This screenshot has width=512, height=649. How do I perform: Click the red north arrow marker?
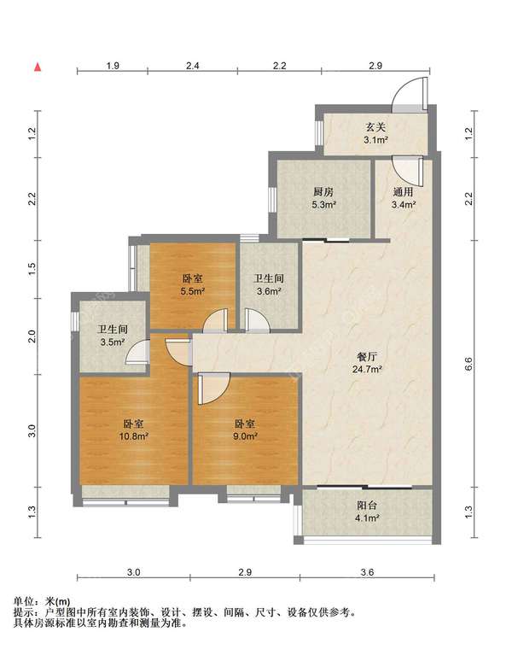(x=38, y=67)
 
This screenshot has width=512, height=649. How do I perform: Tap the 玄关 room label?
(x=375, y=127)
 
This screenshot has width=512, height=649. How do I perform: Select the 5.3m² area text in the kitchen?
(x=323, y=204)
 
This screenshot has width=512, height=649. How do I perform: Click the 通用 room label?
(x=404, y=191)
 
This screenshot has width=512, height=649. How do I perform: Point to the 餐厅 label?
(x=367, y=356)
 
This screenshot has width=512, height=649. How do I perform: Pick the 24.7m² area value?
(x=367, y=369)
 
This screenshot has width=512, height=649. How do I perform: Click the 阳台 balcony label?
(x=367, y=506)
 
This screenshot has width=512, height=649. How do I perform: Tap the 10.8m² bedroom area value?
(x=134, y=436)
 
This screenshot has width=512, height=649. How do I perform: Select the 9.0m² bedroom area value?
(x=245, y=436)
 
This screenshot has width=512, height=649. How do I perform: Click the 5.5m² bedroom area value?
(x=193, y=291)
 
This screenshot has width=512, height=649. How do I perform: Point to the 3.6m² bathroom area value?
(x=269, y=291)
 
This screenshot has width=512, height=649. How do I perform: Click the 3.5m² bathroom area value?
(x=113, y=342)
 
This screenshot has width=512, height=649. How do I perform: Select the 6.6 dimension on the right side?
(x=468, y=364)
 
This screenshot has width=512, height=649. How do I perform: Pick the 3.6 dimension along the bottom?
(x=367, y=572)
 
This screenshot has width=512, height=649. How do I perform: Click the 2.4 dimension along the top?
(x=193, y=66)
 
